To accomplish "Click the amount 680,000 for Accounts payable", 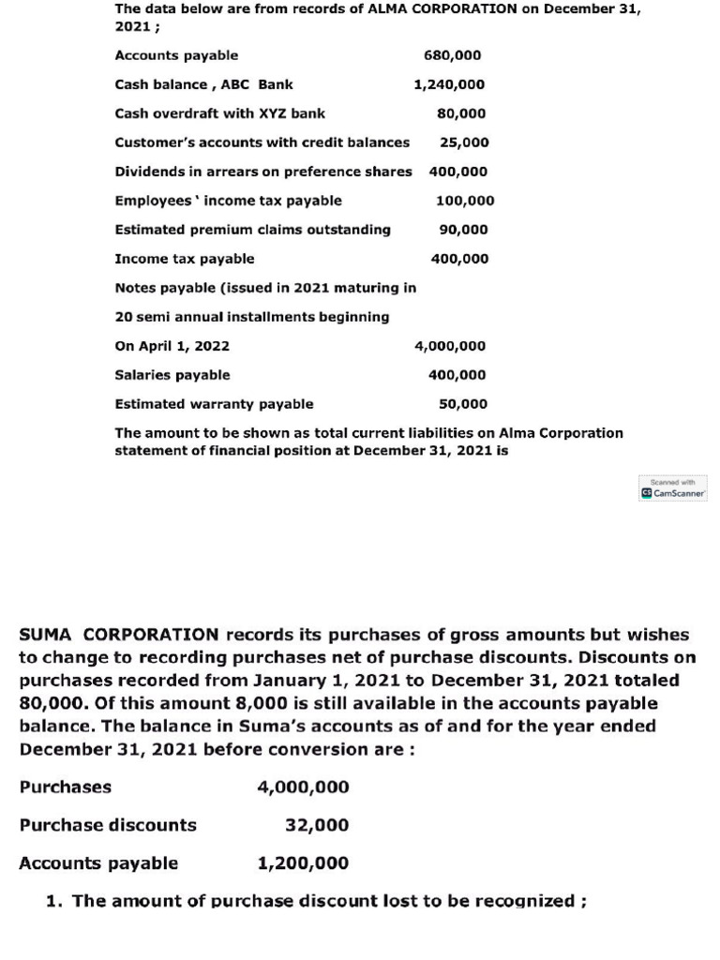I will click(x=452, y=55).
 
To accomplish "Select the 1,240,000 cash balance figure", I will click(x=449, y=84).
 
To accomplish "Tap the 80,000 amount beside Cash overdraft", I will click(x=461, y=113).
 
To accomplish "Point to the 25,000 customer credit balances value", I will click(x=464, y=142).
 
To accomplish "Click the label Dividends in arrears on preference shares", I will click(x=262, y=172).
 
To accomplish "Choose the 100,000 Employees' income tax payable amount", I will click(x=465, y=201).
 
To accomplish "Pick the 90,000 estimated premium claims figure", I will click(x=463, y=230).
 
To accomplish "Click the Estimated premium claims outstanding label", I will click(x=252, y=230).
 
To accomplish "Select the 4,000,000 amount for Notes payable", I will click(x=450, y=346).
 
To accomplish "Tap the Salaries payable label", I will click(x=172, y=375).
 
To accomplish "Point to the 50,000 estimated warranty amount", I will click(x=463, y=404).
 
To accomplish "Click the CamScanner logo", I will click(x=673, y=491).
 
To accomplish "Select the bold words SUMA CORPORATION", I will click(x=119, y=635).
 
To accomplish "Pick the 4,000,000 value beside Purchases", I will click(x=303, y=787).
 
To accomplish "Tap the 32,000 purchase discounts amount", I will click(x=317, y=825).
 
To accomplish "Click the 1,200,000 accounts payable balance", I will click(x=303, y=863).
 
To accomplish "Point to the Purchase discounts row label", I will click(x=108, y=825).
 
